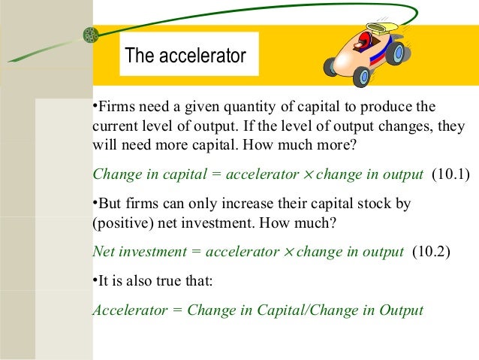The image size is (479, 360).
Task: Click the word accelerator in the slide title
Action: coord(202,56)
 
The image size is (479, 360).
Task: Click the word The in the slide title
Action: coord(139,56)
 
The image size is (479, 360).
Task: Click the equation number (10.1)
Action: coord(450,175)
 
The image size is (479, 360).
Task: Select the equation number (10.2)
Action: coord(431,252)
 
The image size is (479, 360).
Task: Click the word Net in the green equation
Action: coord(103,252)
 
